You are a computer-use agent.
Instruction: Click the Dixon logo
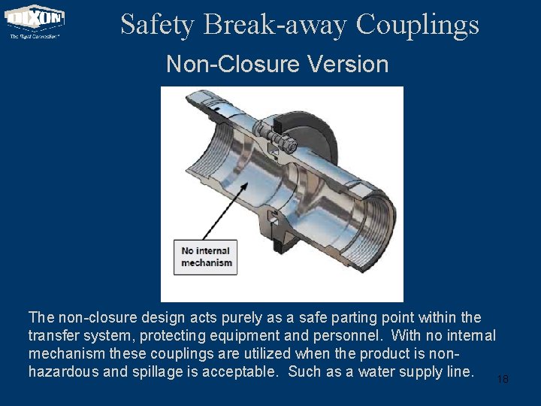tap(35, 17)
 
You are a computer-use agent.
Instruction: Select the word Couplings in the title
tap(417, 26)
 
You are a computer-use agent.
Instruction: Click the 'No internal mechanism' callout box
tap(207, 256)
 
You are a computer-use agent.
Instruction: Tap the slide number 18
tap(503, 380)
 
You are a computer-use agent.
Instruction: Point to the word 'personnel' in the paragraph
tap(354, 335)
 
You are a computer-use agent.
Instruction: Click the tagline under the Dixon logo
tap(35, 35)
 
